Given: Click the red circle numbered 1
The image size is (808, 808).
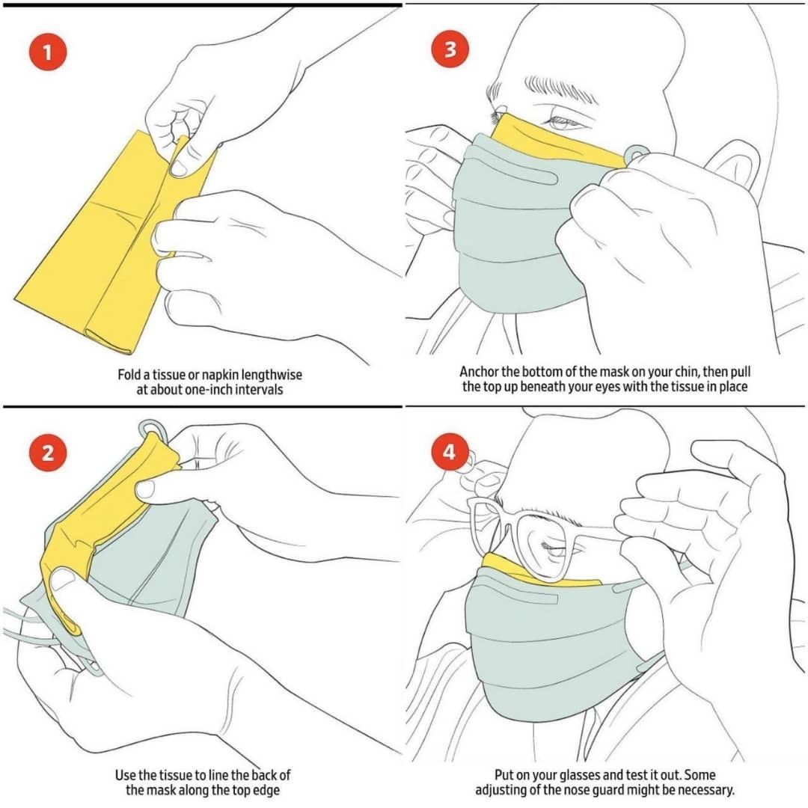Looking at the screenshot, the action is coord(48,52).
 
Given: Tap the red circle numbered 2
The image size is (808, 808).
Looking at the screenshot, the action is coord(48,453).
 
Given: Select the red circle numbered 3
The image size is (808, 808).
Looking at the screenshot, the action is coord(450,49).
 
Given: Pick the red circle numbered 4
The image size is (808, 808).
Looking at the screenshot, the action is coord(450,452).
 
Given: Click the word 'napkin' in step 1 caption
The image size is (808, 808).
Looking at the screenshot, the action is coord(219,375).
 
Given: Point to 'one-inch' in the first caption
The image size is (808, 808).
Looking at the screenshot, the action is coord(209,389).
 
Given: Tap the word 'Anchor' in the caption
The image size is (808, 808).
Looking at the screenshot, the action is coord(479,372).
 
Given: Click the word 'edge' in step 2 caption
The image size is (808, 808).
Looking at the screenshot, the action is coord(266,790).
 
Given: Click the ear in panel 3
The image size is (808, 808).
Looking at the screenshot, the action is coord(735,164).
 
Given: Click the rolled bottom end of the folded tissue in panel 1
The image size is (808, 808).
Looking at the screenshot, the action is coord(108,342).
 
